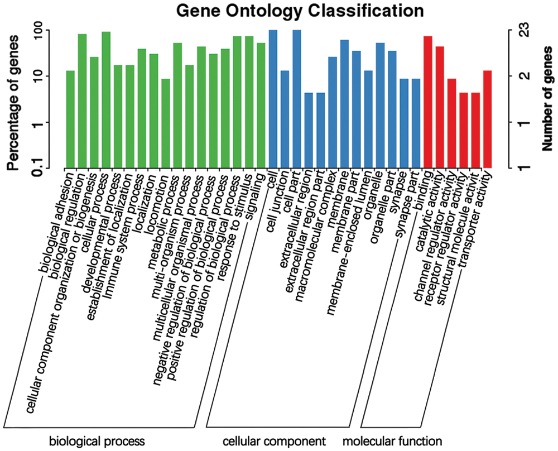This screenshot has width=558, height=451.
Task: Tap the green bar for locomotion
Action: [166, 123]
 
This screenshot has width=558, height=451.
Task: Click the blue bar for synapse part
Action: [416, 123]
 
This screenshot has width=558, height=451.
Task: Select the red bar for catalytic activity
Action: [440, 107]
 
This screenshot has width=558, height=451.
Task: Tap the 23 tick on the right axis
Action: [525, 30]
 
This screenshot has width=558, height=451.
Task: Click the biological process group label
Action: [97, 441]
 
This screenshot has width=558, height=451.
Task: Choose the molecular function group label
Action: [392, 441]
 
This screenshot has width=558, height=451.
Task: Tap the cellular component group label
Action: [275, 441]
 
